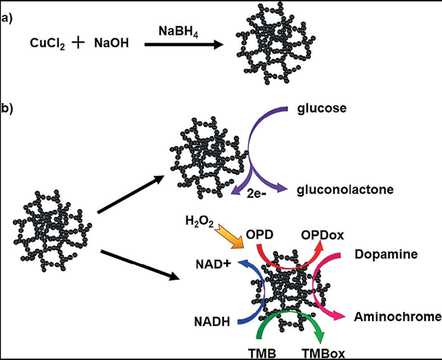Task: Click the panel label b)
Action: pos(8,107)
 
